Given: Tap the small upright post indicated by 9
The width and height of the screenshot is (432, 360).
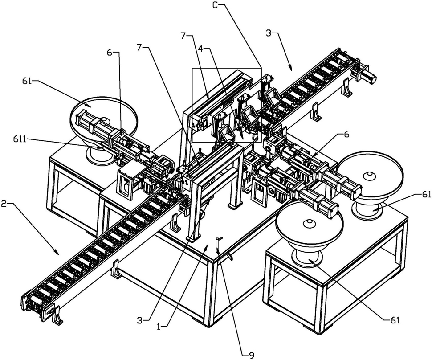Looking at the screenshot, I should (219, 245).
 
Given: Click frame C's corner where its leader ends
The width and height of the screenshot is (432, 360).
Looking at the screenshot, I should (261, 68).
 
